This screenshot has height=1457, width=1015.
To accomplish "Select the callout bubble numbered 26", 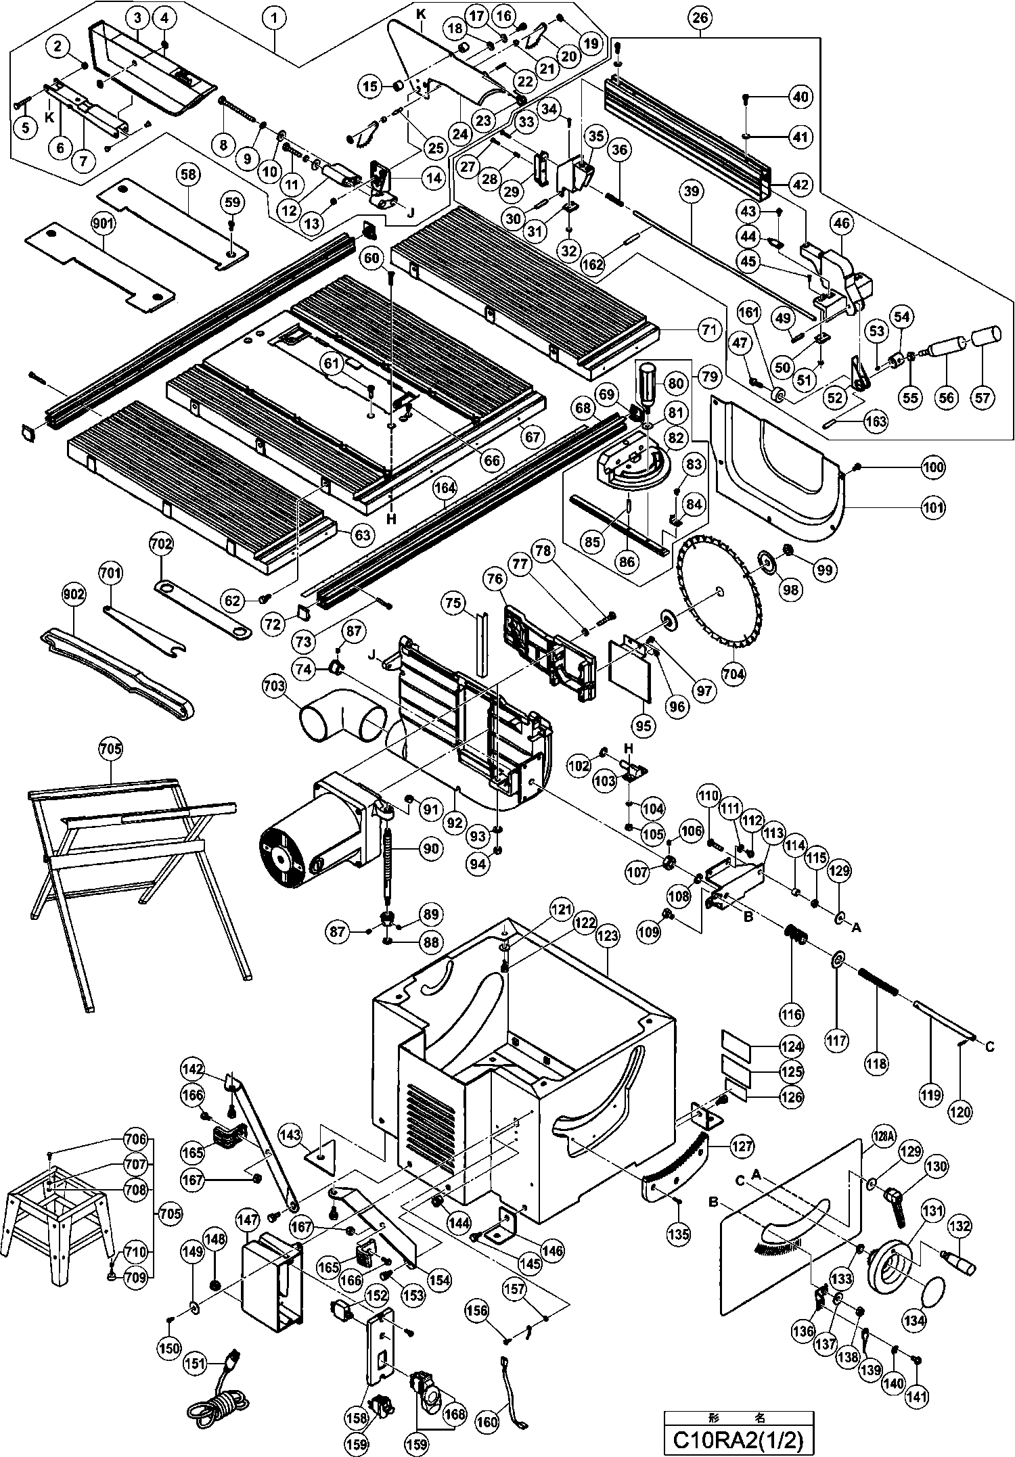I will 700,18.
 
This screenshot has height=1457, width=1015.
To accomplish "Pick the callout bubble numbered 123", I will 608,936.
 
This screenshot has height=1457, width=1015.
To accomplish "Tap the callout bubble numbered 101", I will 934,507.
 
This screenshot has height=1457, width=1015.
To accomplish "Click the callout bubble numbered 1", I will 274,18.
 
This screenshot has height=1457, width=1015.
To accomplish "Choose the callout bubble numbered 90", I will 430,848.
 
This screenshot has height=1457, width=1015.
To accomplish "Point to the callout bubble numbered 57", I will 985,397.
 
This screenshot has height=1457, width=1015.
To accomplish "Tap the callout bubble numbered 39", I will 690,192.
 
